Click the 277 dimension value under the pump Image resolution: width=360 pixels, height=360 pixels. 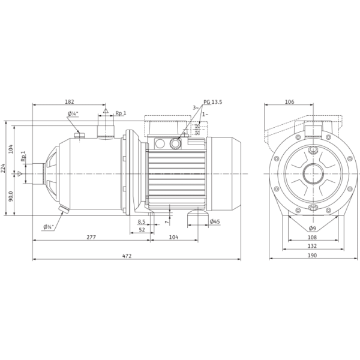point(91,238)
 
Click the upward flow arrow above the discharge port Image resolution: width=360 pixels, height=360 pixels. point(105,110)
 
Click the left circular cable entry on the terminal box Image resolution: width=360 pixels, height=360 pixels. point(160,143)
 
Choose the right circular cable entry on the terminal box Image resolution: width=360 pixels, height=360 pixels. point(175,143)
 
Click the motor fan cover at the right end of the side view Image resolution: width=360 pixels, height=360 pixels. point(225,174)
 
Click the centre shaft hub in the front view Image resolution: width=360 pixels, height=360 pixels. point(311,175)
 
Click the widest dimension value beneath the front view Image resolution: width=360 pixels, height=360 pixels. point(311,257)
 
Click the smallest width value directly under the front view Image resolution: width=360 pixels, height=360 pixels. point(311,229)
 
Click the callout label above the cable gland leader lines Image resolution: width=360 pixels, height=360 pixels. point(211,103)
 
